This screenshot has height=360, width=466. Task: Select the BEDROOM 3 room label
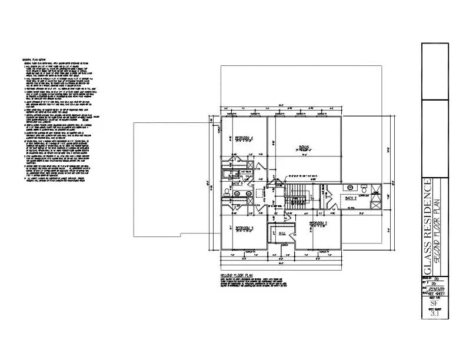pyautogui.click(x=244, y=227)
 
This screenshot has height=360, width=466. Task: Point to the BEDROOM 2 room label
pyautogui.click(x=318, y=224)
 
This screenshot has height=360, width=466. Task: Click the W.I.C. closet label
pyautogui.click(x=281, y=231)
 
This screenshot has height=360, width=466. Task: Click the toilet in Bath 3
pyautogui.click(x=227, y=191)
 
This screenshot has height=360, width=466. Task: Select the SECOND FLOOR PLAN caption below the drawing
pyautogui.click(x=235, y=275)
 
